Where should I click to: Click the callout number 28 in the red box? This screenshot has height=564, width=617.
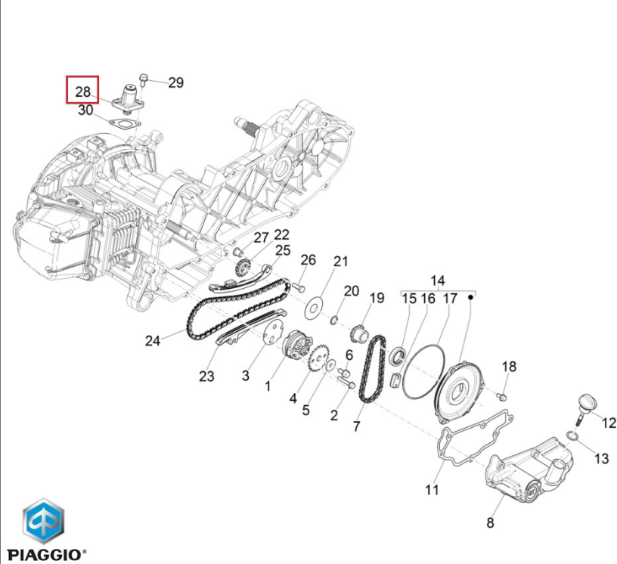82,91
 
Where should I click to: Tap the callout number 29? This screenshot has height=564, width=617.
176,82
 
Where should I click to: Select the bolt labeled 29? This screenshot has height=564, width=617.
143,79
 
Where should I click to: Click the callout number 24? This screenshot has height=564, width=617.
153,340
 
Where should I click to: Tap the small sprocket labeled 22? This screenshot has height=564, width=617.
242,268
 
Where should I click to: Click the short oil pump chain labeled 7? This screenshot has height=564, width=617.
373,368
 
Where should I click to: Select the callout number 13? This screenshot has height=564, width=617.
601,458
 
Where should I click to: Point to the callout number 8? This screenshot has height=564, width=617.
490,522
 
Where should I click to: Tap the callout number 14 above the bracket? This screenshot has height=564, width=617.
438,281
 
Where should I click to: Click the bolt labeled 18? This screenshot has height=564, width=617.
501,396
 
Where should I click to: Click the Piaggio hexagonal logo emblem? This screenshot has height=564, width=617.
43,521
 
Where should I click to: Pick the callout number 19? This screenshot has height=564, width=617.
377,298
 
